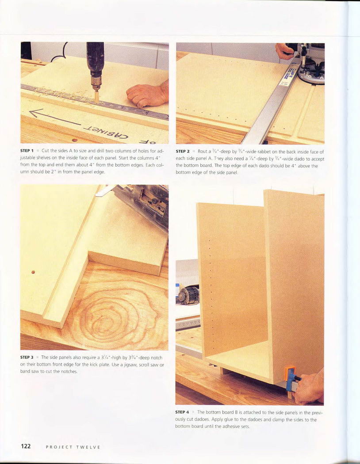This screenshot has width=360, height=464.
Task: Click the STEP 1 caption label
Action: coord(27,151)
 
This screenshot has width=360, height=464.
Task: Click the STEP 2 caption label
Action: coord(182,151)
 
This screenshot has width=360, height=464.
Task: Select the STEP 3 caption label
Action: coord(27,358)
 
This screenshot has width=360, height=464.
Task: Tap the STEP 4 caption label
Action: coord(182,412)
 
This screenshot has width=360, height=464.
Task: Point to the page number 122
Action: coord(26,446)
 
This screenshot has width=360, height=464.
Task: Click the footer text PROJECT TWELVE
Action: coord(73,447)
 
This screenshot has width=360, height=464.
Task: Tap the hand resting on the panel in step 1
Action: coord(147,94)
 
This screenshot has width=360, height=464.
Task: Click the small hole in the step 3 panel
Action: coord(33,272)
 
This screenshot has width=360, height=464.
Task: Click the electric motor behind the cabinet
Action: coord(188,294)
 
